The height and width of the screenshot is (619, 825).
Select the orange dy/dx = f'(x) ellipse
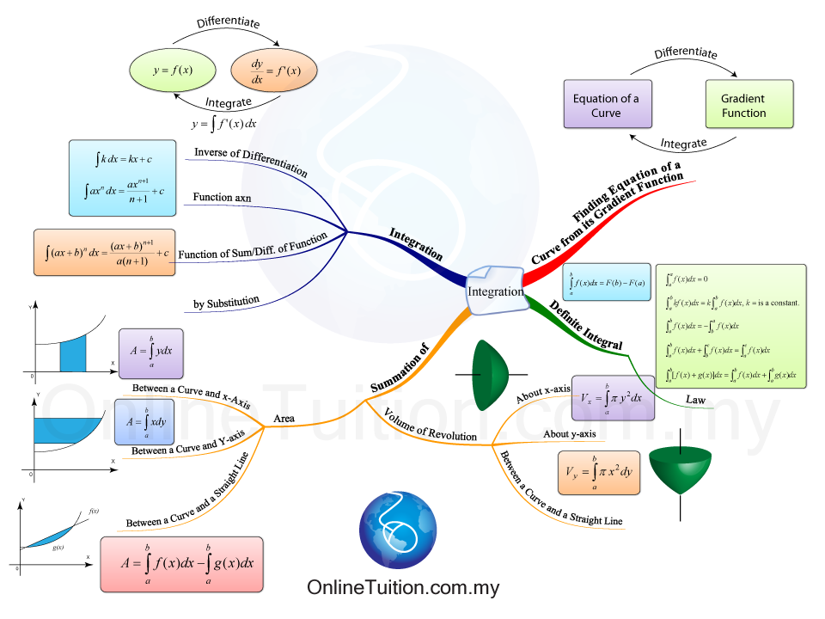click(274, 70)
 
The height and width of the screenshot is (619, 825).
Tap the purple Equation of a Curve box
click(606, 106)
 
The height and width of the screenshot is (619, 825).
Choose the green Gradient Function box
click(743, 106)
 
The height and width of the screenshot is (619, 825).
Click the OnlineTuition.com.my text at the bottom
click(403, 588)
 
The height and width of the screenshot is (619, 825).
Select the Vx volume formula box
click(612, 398)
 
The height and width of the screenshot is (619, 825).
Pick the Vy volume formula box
click(598, 472)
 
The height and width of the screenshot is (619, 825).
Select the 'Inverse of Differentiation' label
click(250, 161)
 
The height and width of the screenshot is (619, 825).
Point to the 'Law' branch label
click(695, 400)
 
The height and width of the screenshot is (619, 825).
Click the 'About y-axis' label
click(570, 434)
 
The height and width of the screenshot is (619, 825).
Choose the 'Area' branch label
click(284, 419)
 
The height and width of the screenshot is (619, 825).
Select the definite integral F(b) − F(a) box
click(606, 281)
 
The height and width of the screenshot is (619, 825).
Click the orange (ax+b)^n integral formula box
click(105, 253)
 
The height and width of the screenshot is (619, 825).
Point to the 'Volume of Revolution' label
click(430, 424)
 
